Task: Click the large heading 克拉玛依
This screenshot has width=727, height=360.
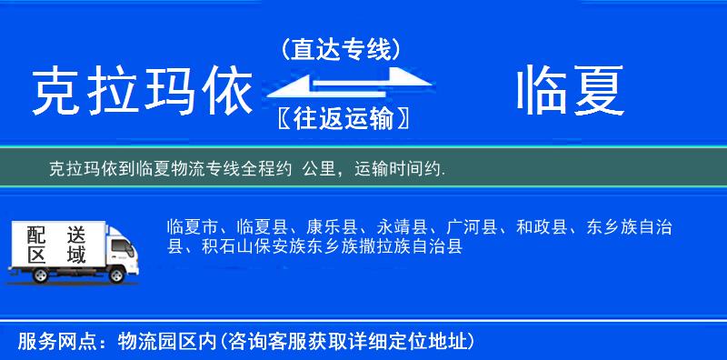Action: pyautogui.click(x=141, y=93)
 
